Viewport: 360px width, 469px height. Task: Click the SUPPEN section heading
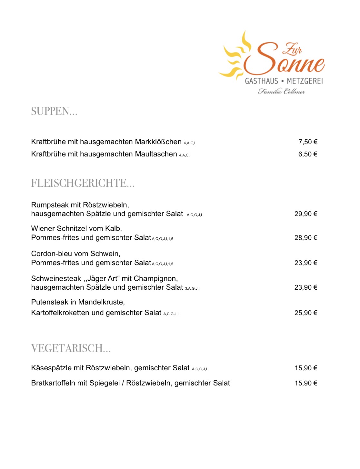pyautogui.click(x=54, y=111)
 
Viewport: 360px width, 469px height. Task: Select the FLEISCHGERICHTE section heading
pyautogui.click(x=83, y=183)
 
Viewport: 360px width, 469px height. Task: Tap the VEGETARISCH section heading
pyautogui.click(x=71, y=348)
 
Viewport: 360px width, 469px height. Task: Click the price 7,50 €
pyautogui.click(x=308, y=142)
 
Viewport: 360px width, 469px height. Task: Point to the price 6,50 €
pyautogui.click(x=308, y=154)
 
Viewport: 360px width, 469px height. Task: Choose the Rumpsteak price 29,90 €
pyautogui.click(x=306, y=214)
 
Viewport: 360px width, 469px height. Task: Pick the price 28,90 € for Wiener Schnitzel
pyautogui.click(x=306, y=238)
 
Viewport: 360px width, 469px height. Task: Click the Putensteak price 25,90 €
pyautogui.click(x=306, y=313)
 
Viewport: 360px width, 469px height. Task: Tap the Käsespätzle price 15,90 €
pyautogui.click(x=306, y=368)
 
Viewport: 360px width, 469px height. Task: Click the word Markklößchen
pyautogui.click(x=158, y=142)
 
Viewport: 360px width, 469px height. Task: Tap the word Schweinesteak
pyautogui.click(x=56, y=279)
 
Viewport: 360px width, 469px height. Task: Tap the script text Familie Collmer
pyautogui.click(x=281, y=92)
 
